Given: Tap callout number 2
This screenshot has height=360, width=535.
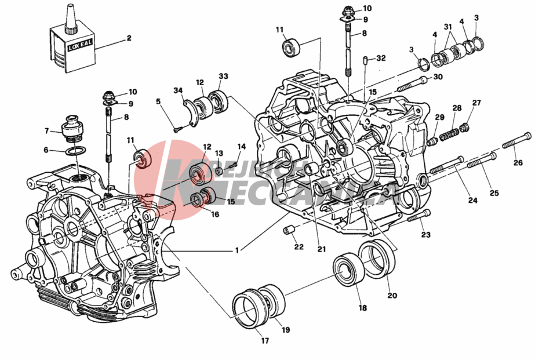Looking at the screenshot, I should (129, 38).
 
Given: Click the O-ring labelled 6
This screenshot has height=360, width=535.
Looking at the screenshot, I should (73, 152).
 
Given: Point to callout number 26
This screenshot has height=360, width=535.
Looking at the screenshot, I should (518, 162).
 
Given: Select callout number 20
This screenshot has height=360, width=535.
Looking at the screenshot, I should (392, 295).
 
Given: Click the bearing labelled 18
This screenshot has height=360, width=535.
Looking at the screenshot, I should (349, 271).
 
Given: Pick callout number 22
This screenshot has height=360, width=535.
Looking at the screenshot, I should (299, 248).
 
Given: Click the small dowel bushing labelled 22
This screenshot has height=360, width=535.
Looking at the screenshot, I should (289, 230).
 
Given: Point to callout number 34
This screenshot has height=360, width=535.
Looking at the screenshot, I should (178, 90).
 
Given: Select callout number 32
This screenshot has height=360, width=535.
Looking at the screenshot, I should (380, 59).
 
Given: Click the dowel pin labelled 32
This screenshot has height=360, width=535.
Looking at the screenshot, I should (365, 60).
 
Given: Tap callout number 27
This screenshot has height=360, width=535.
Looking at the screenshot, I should (476, 103).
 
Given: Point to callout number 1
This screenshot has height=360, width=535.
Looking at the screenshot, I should (236, 251).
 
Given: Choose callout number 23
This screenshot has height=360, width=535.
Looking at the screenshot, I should (426, 235).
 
